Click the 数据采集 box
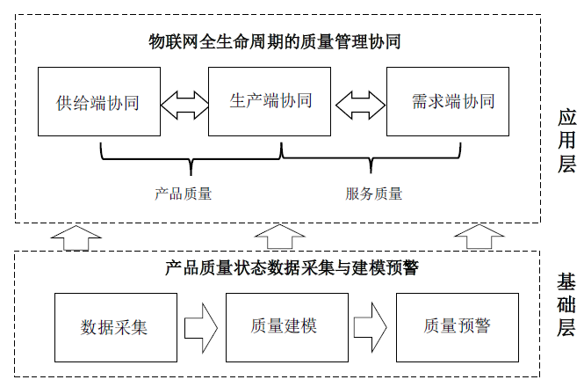(x=114, y=326)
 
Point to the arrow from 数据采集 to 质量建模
(x=201, y=327)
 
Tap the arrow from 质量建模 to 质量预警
(x=372, y=327)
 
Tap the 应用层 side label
(x=566, y=141)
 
